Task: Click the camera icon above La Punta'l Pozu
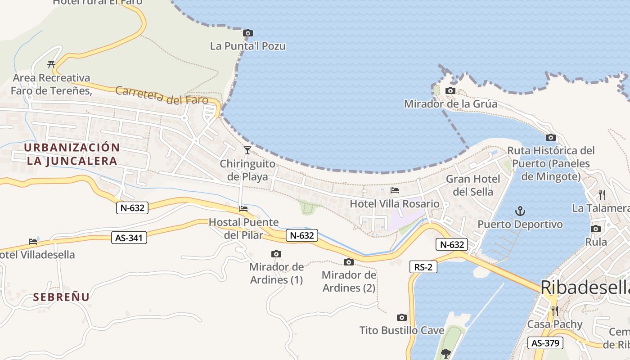[x=247, y=33]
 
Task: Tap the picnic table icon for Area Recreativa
[x=51, y=64]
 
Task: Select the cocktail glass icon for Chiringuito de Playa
[x=247, y=150]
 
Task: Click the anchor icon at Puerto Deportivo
[x=520, y=211]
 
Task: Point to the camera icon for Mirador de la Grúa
[x=450, y=91]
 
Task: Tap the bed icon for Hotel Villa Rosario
[x=395, y=190]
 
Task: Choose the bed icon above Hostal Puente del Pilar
[x=243, y=208]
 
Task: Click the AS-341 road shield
[x=129, y=238]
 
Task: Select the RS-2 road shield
[x=423, y=267]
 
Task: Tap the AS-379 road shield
[x=545, y=343]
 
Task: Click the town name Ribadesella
[x=585, y=287]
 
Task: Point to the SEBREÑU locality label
[x=61, y=297]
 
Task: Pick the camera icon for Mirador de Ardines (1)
[x=276, y=254]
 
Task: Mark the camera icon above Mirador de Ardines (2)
[x=349, y=262]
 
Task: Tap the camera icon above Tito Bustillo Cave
[x=402, y=318]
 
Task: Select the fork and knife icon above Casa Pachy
[x=554, y=310]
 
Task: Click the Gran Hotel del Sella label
[x=472, y=185]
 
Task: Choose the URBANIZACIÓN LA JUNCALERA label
[x=72, y=154]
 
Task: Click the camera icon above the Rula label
[x=596, y=229]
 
